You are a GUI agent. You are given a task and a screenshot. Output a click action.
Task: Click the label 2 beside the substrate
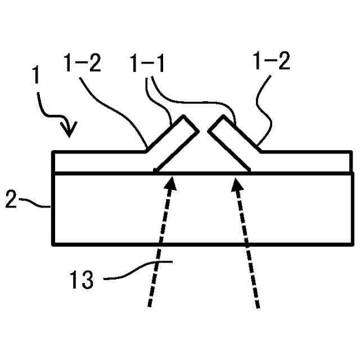click(11, 200)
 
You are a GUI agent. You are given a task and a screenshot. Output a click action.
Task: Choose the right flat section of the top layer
click(304, 161)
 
